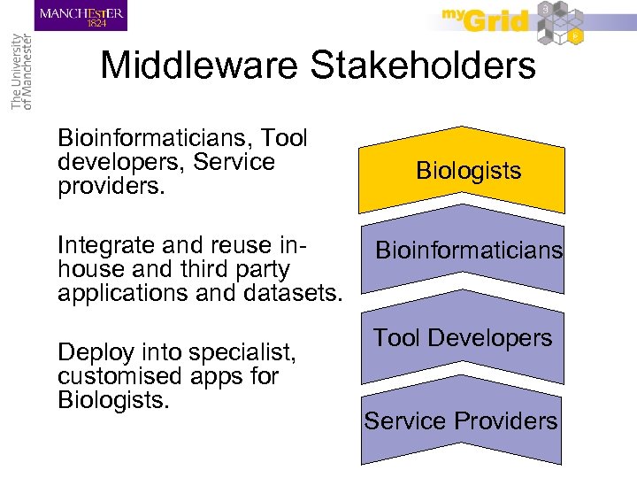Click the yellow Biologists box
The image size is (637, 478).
[x=469, y=171]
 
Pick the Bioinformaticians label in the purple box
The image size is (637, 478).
[x=469, y=251]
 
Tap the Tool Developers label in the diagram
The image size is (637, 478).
[x=462, y=337]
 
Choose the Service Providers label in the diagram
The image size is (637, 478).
[x=461, y=420]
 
